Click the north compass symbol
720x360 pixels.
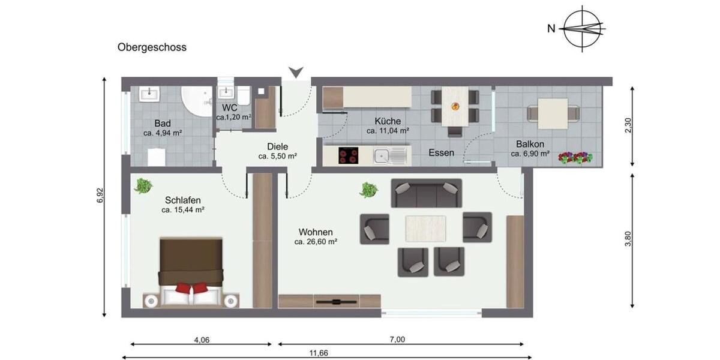582,28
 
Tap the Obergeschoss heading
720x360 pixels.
152,47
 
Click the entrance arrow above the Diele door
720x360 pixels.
295,73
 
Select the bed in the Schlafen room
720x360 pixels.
191,270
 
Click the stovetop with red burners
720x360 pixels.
348,156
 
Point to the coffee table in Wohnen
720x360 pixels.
425,228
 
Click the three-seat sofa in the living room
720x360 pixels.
426,193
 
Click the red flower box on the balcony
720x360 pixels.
575,158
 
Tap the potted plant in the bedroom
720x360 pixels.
143,185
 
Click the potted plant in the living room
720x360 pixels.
368,190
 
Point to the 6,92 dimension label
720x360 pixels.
100,196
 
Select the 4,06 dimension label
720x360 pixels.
202,340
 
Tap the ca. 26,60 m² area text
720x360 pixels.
316,242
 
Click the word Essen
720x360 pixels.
441,153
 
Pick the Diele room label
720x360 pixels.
278,146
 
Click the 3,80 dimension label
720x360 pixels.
628,238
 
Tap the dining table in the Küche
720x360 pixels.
455,107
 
